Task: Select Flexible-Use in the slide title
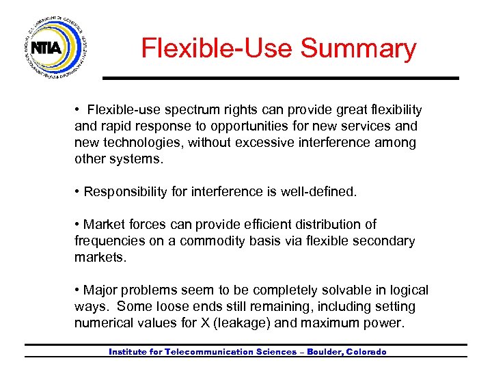pos(217,49)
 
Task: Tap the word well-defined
pos(318,193)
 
